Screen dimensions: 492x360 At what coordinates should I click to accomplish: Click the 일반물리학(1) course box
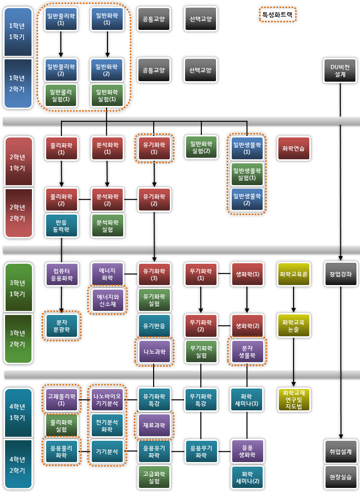tap(61, 19)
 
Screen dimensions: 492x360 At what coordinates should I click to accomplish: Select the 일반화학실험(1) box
tap(106, 96)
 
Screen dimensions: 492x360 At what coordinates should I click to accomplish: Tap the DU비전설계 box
tap(340, 71)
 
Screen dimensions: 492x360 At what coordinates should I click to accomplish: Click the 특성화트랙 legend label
tap(277, 15)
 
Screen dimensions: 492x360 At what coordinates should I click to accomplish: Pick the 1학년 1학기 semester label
tap(18, 31)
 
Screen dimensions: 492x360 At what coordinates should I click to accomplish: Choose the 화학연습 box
tap(294, 148)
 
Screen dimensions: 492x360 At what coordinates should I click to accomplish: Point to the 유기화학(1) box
tap(154, 148)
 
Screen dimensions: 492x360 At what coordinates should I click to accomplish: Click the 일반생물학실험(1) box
tap(247, 173)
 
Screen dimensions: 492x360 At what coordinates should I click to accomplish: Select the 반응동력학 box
tap(61, 225)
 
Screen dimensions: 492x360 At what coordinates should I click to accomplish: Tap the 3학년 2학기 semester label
tap(18, 338)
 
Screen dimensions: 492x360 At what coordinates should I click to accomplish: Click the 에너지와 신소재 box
tap(107, 300)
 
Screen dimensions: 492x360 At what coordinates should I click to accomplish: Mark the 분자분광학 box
tap(61, 326)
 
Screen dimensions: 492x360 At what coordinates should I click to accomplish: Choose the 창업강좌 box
tap(340, 274)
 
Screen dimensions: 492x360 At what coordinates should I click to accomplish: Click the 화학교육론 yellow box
tap(294, 274)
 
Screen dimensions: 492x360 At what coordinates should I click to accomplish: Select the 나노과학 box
tap(154, 351)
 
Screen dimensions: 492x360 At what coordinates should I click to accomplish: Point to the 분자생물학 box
tap(247, 351)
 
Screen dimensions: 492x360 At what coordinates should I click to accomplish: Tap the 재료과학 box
tap(154, 426)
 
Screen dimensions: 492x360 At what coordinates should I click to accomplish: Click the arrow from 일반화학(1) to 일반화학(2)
tap(107, 44)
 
